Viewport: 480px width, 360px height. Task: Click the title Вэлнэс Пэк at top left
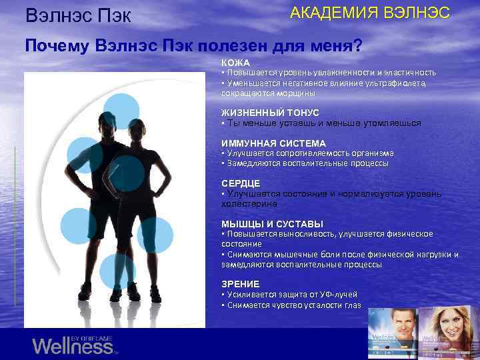click(x=77, y=15)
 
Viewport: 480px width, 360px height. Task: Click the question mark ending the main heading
click(x=358, y=46)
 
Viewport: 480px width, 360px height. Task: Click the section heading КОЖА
click(x=236, y=63)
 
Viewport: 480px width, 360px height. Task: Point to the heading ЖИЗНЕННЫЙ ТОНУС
click(x=270, y=113)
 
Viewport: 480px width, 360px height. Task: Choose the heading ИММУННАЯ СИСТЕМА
click(x=273, y=143)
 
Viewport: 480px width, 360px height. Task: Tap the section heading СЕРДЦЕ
click(x=241, y=183)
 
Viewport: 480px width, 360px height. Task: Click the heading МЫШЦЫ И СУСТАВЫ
click(x=272, y=224)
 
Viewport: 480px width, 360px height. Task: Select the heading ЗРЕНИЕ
click(x=241, y=284)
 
